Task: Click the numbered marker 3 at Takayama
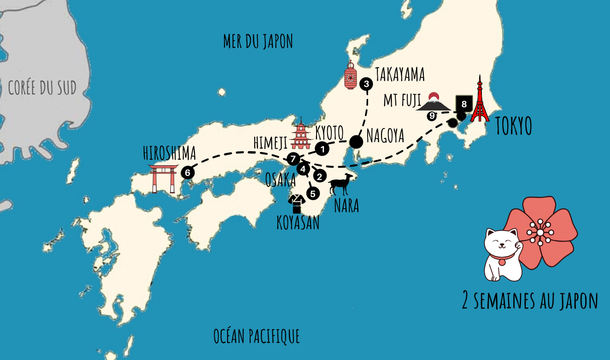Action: (366, 84)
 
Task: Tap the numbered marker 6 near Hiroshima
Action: (188, 173)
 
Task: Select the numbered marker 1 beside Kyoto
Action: (323, 149)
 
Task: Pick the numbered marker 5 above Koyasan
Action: (313, 194)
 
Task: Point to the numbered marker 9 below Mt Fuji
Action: (432, 116)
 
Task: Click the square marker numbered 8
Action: (464, 104)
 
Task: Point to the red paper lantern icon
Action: (351, 75)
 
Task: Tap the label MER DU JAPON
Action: (258, 41)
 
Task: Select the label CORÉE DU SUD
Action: (42, 87)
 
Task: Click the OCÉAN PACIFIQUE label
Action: (257, 336)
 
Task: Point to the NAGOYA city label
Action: (385, 135)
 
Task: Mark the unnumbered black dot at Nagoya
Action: (356, 141)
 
